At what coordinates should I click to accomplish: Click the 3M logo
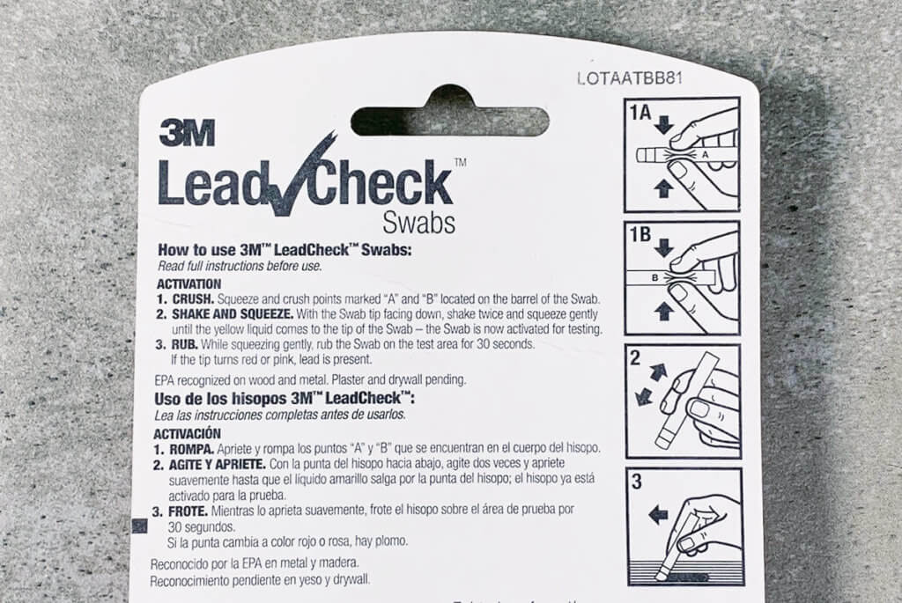tap(187, 133)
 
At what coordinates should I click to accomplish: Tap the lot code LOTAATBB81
tap(630, 77)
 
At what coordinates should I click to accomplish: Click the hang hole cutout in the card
tap(449, 115)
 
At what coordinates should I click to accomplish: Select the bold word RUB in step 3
tap(183, 344)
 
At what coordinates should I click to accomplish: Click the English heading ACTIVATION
tap(189, 284)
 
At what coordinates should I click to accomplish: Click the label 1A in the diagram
tap(641, 113)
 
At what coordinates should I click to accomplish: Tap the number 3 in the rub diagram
tap(637, 483)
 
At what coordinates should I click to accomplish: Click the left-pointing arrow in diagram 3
tap(658, 515)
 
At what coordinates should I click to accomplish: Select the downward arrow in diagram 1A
tap(663, 126)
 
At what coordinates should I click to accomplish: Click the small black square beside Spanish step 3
tap(138, 526)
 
